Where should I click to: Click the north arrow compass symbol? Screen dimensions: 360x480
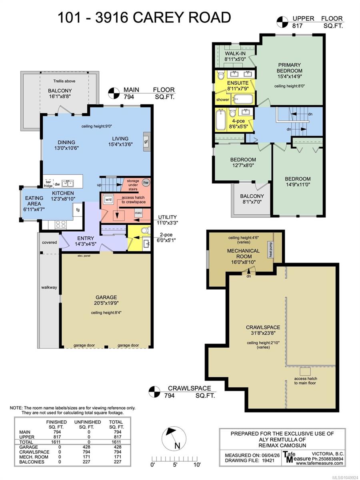point(174,438)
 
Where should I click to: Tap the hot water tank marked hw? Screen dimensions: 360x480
point(146,182)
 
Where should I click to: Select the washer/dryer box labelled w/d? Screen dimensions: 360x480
point(108,200)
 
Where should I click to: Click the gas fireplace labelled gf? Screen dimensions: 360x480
point(146,142)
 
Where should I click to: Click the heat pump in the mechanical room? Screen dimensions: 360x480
point(271,250)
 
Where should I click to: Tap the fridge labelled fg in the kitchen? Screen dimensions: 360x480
point(78,210)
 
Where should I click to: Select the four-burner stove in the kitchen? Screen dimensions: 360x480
point(61,224)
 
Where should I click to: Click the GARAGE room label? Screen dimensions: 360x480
point(106,297)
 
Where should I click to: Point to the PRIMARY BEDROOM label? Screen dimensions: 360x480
point(289,68)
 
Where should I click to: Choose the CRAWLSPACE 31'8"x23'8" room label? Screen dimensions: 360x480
point(263,330)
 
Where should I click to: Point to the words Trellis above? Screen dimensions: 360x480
point(64,81)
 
